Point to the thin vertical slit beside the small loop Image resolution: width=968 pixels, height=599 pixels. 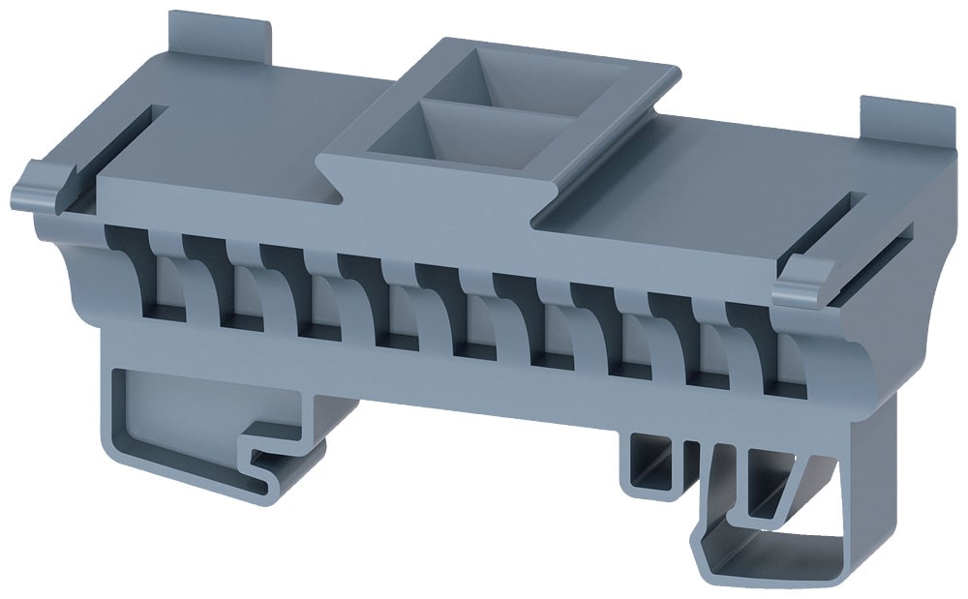click(689, 462)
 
